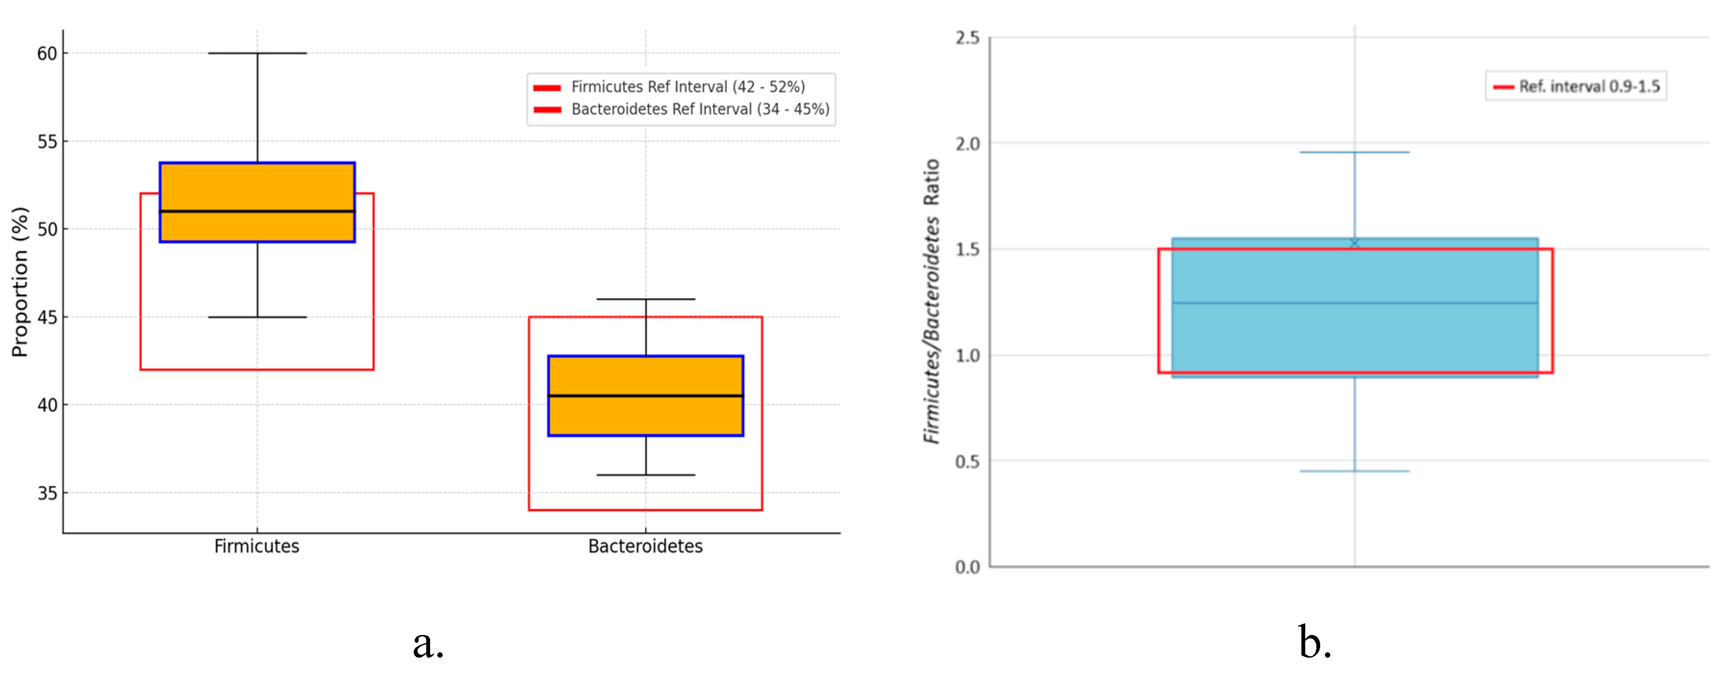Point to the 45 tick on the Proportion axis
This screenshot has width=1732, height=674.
coord(47,317)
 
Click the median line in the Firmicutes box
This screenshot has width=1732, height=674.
coord(257,211)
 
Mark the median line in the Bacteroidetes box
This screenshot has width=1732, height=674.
coord(646,396)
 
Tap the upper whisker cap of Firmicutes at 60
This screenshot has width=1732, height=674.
coord(257,53)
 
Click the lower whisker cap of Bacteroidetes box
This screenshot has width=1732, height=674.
coord(646,475)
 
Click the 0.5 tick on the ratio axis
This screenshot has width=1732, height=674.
coord(967,461)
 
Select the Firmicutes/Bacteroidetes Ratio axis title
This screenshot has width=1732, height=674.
coord(931,301)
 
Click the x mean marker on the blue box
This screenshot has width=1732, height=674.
coord(1354,243)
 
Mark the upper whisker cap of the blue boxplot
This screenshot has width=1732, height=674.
coord(1354,153)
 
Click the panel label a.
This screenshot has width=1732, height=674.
coord(428,643)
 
